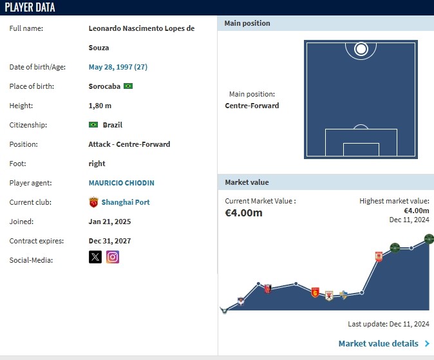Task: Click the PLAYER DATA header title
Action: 30,8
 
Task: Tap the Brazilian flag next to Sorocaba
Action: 128,86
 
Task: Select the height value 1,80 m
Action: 100,106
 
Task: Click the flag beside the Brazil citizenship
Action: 93,125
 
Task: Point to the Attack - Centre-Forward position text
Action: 129,144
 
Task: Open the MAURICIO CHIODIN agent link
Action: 121,183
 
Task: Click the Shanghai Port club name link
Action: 125,202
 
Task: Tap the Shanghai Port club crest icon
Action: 93,202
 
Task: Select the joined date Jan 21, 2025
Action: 110,222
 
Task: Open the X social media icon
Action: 95,258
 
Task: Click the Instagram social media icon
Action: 113,258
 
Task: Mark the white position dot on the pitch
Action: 361,48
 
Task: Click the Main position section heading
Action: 247,24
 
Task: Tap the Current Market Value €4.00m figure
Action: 243,213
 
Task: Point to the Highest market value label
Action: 394,201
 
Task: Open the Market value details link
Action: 379,344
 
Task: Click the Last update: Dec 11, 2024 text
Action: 388,324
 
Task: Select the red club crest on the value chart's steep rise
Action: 379,256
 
